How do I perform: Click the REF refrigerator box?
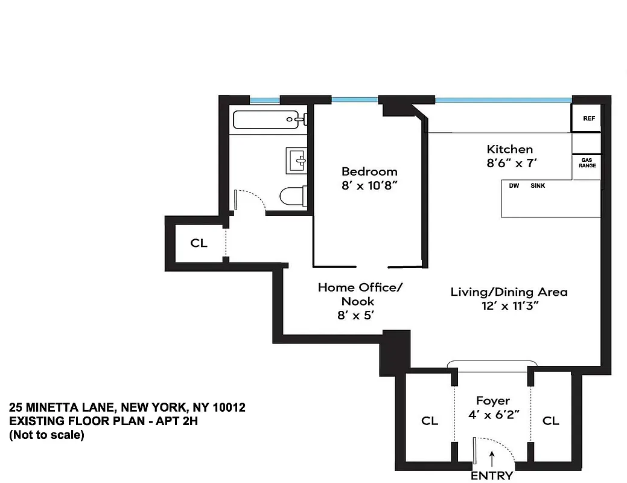pyautogui.click(x=588, y=118)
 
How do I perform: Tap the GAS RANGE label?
pyautogui.click(x=588, y=162)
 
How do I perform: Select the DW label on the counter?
pyautogui.click(x=514, y=186)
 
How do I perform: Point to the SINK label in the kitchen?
pyautogui.click(x=538, y=186)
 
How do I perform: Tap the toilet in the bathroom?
pyautogui.click(x=294, y=196)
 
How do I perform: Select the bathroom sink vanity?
pyautogui.click(x=297, y=161)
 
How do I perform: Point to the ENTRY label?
pyautogui.click(x=492, y=476)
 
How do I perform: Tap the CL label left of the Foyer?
pyautogui.click(x=430, y=421)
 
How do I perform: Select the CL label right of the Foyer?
pyautogui.click(x=550, y=421)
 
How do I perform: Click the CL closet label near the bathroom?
pyautogui.click(x=199, y=243)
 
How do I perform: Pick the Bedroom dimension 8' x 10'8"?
pyautogui.click(x=369, y=187)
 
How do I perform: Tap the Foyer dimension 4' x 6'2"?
pyautogui.click(x=493, y=416)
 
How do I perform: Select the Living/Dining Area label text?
pyautogui.click(x=509, y=292)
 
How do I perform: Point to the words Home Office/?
pyautogui.click(x=360, y=287)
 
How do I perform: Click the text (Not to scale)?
pyautogui.click(x=46, y=435)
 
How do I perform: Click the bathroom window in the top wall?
pyautogui.click(x=265, y=100)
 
